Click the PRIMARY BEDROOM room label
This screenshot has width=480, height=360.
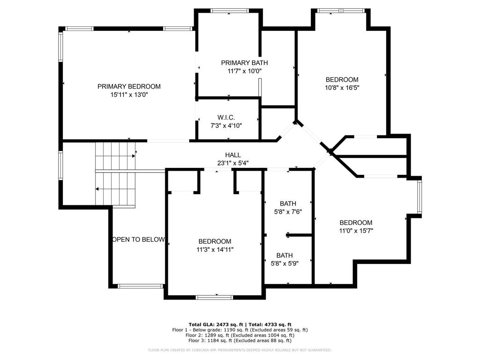coord(129,86)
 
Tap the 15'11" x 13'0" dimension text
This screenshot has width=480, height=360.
coord(129,95)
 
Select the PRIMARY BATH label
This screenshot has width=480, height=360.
coord(244,63)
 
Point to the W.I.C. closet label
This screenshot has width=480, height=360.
coord(226,117)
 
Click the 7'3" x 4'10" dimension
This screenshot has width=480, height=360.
coord(226,125)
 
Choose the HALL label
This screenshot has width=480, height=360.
coord(232,155)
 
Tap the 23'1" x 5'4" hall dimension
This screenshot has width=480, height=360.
coord(232,163)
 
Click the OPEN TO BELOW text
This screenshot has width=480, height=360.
coord(138,240)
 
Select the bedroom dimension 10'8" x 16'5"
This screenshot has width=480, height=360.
coord(342,88)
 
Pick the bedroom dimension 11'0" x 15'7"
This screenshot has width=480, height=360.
coord(356,231)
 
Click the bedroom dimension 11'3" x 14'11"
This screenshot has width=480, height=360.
coord(215,249)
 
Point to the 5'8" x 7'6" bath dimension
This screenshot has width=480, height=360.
coord(288,211)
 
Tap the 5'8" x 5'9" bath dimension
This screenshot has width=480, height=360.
coord(285,263)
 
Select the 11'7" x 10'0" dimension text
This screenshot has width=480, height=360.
coord(244,71)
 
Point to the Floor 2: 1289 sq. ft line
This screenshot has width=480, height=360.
coord(240,335)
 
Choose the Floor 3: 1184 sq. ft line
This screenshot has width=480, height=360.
coord(240,341)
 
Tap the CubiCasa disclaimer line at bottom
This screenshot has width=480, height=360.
coord(240,350)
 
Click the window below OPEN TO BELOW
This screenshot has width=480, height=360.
coord(140,286)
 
